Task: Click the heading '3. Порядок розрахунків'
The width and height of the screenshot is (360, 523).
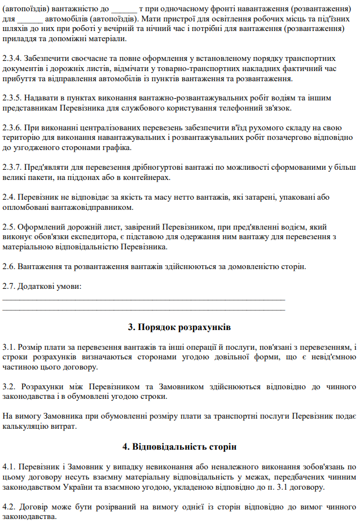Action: tap(179, 327)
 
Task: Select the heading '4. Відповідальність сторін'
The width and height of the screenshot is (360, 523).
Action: tap(179, 447)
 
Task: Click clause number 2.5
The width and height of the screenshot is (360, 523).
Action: tap(10, 227)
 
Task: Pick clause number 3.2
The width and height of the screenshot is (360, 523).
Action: tap(10, 387)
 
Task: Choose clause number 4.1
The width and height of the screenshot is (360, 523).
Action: tap(10, 467)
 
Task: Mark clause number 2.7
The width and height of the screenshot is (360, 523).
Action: tap(10, 286)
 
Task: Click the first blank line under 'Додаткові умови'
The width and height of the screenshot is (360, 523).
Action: tap(144, 297)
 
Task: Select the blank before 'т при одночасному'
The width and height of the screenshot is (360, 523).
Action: tap(125, 10)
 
